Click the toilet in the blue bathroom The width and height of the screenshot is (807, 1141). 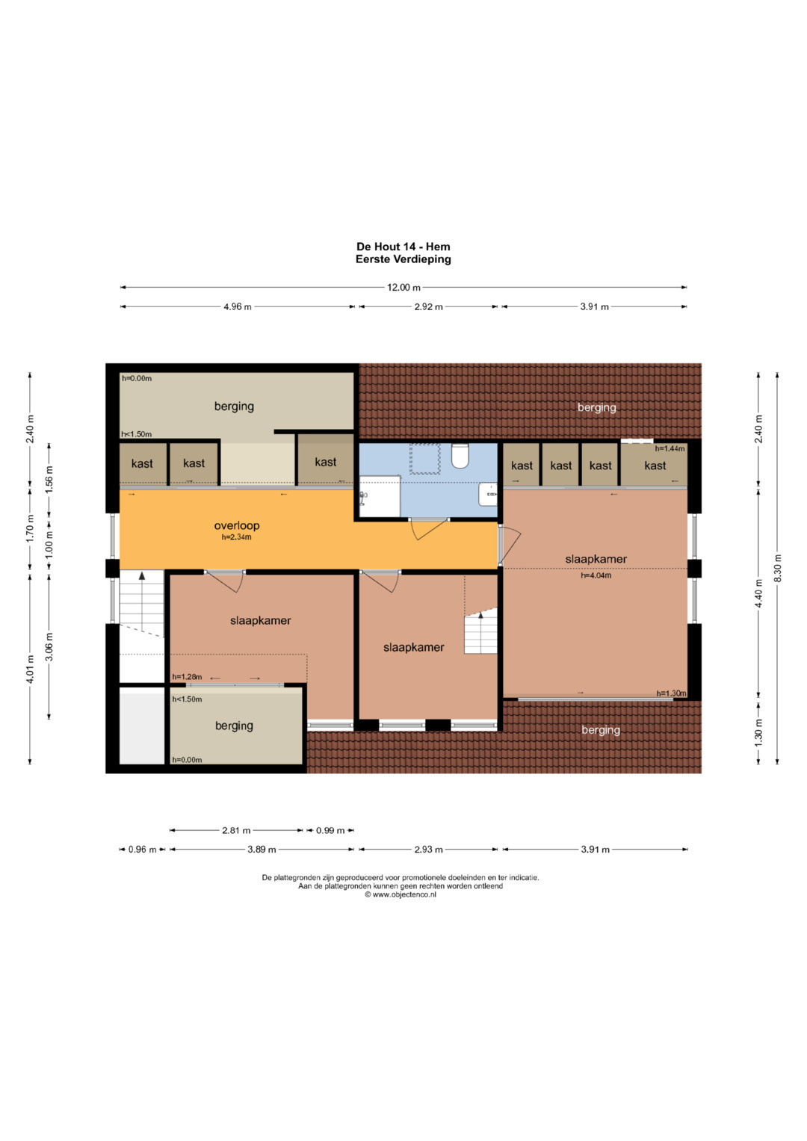(x=460, y=455)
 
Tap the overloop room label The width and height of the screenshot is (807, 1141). (x=236, y=525)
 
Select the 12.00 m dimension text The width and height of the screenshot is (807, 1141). (x=403, y=287)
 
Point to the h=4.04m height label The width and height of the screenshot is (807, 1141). (x=596, y=575)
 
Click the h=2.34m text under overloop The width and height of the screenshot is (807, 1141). (x=236, y=537)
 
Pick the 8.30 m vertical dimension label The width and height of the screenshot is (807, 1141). (x=777, y=567)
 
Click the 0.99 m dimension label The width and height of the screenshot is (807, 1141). (x=330, y=830)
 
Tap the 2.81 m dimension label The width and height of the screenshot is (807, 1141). (x=236, y=830)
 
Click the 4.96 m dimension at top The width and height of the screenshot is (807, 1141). (x=238, y=306)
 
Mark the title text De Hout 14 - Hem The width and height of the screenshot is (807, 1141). (x=403, y=247)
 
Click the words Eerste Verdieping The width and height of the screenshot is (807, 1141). (x=403, y=259)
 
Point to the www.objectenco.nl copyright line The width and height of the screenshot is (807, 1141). (x=401, y=894)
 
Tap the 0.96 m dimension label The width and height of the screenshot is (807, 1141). (x=142, y=849)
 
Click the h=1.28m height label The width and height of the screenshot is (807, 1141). (x=187, y=677)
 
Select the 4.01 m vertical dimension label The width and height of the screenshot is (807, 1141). (x=30, y=670)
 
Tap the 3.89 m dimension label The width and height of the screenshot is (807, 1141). (x=262, y=849)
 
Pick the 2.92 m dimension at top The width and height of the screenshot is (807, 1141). (x=428, y=306)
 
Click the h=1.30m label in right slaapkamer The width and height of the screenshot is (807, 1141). (x=671, y=693)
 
